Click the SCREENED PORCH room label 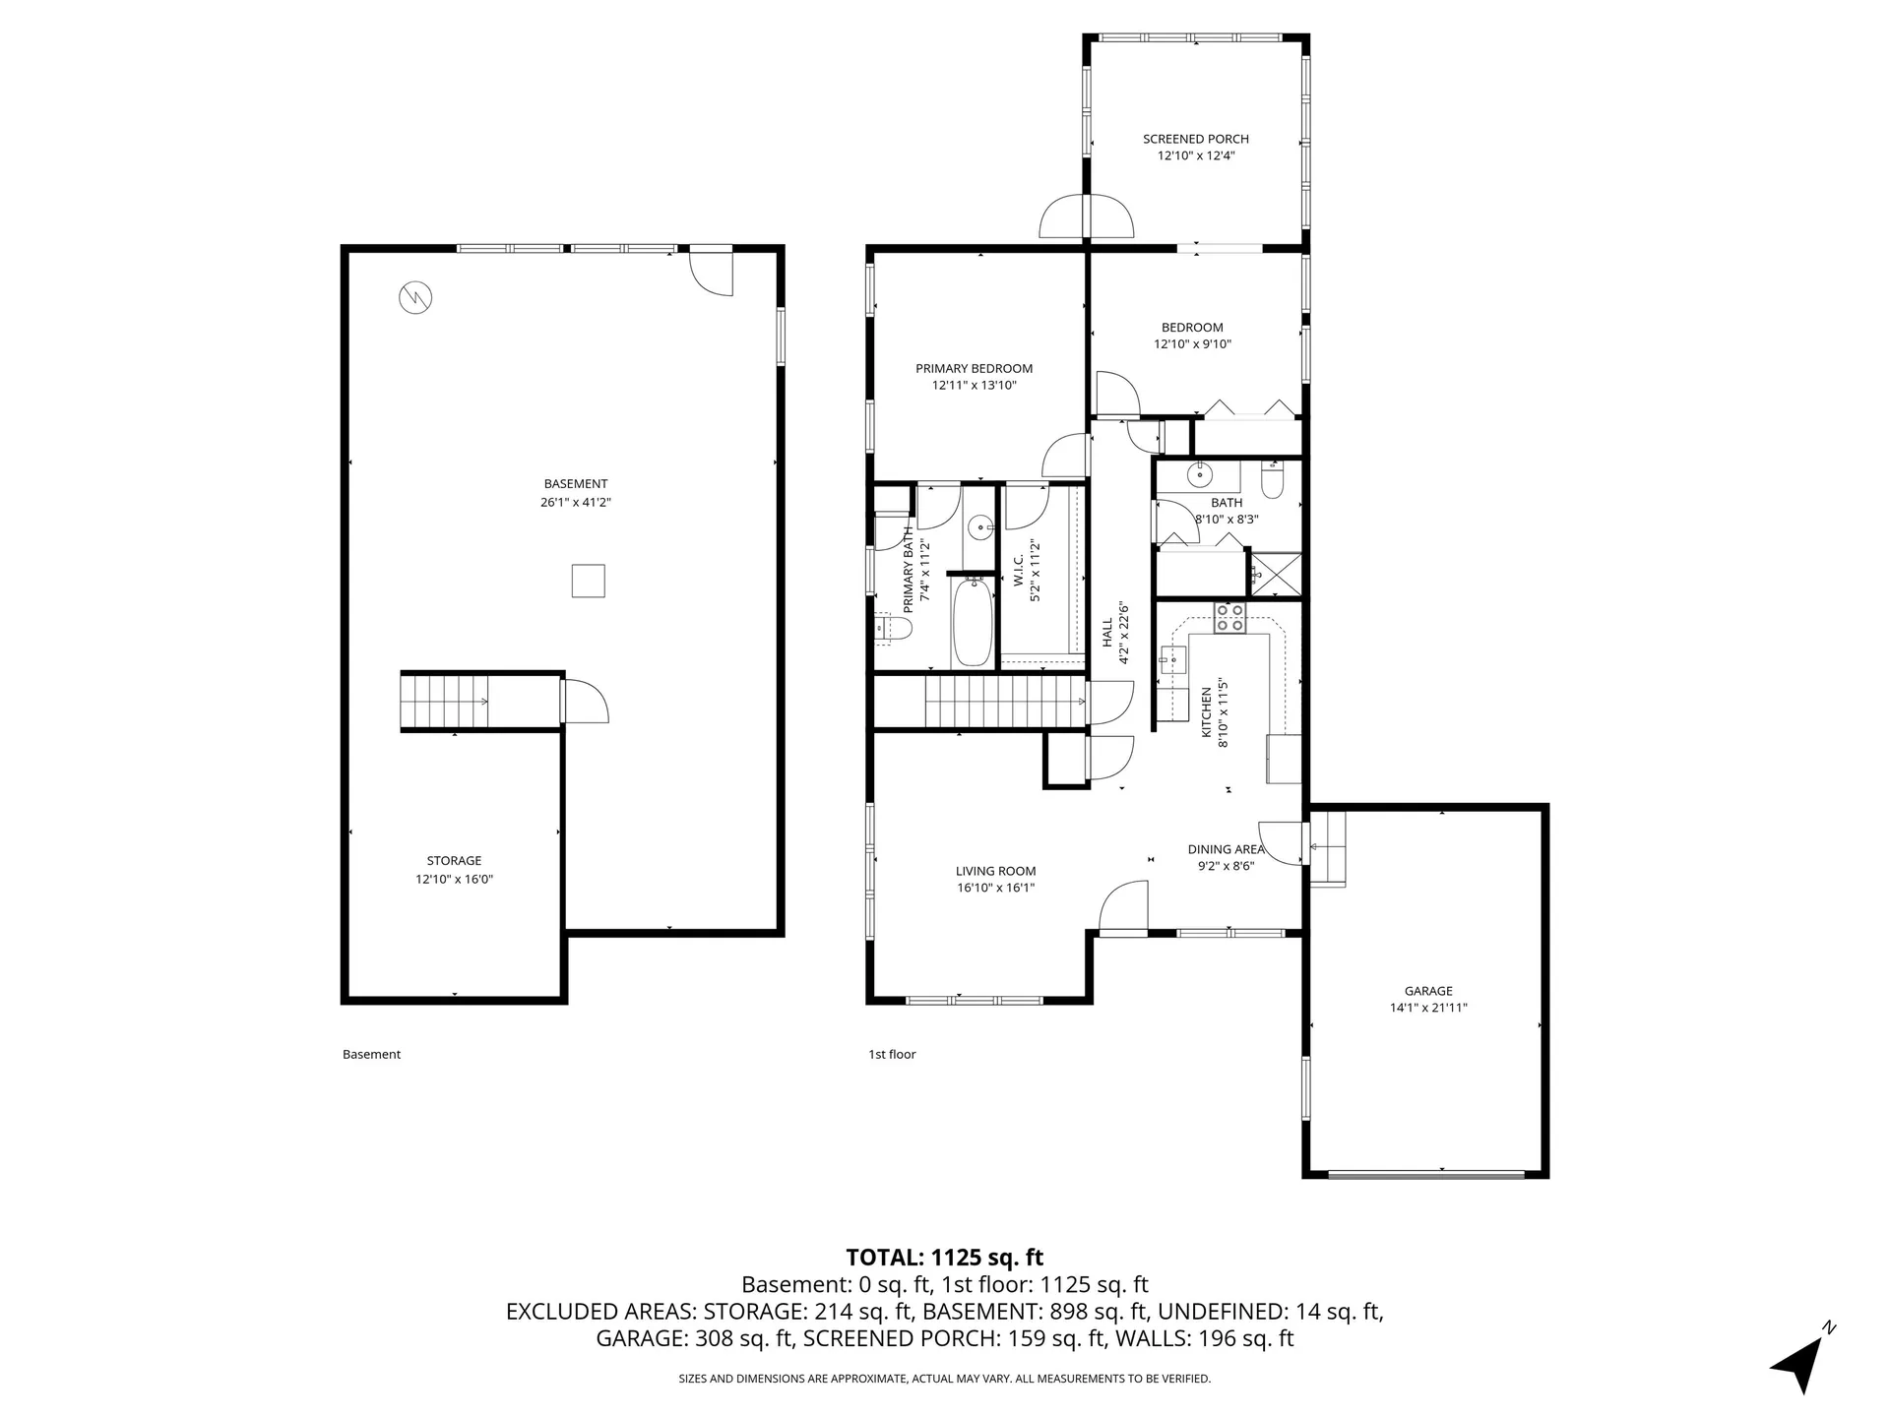[x=1195, y=139]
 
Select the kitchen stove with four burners [x=1228, y=618]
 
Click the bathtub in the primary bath [x=972, y=624]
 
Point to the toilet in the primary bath [x=895, y=627]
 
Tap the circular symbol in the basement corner [x=415, y=296]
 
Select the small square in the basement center [x=588, y=581]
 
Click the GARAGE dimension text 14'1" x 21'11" [x=1427, y=1008]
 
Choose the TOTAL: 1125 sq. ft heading [x=944, y=1257]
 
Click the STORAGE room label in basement [x=454, y=861]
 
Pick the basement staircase [x=444, y=702]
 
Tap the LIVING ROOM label [x=995, y=871]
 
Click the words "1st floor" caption [x=892, y=1054]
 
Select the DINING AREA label [x=1225, y=849]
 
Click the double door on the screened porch [x=1086, y=217]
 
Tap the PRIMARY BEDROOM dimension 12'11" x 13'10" [x=974, y=386]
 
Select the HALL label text [x=1106, y=633]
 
